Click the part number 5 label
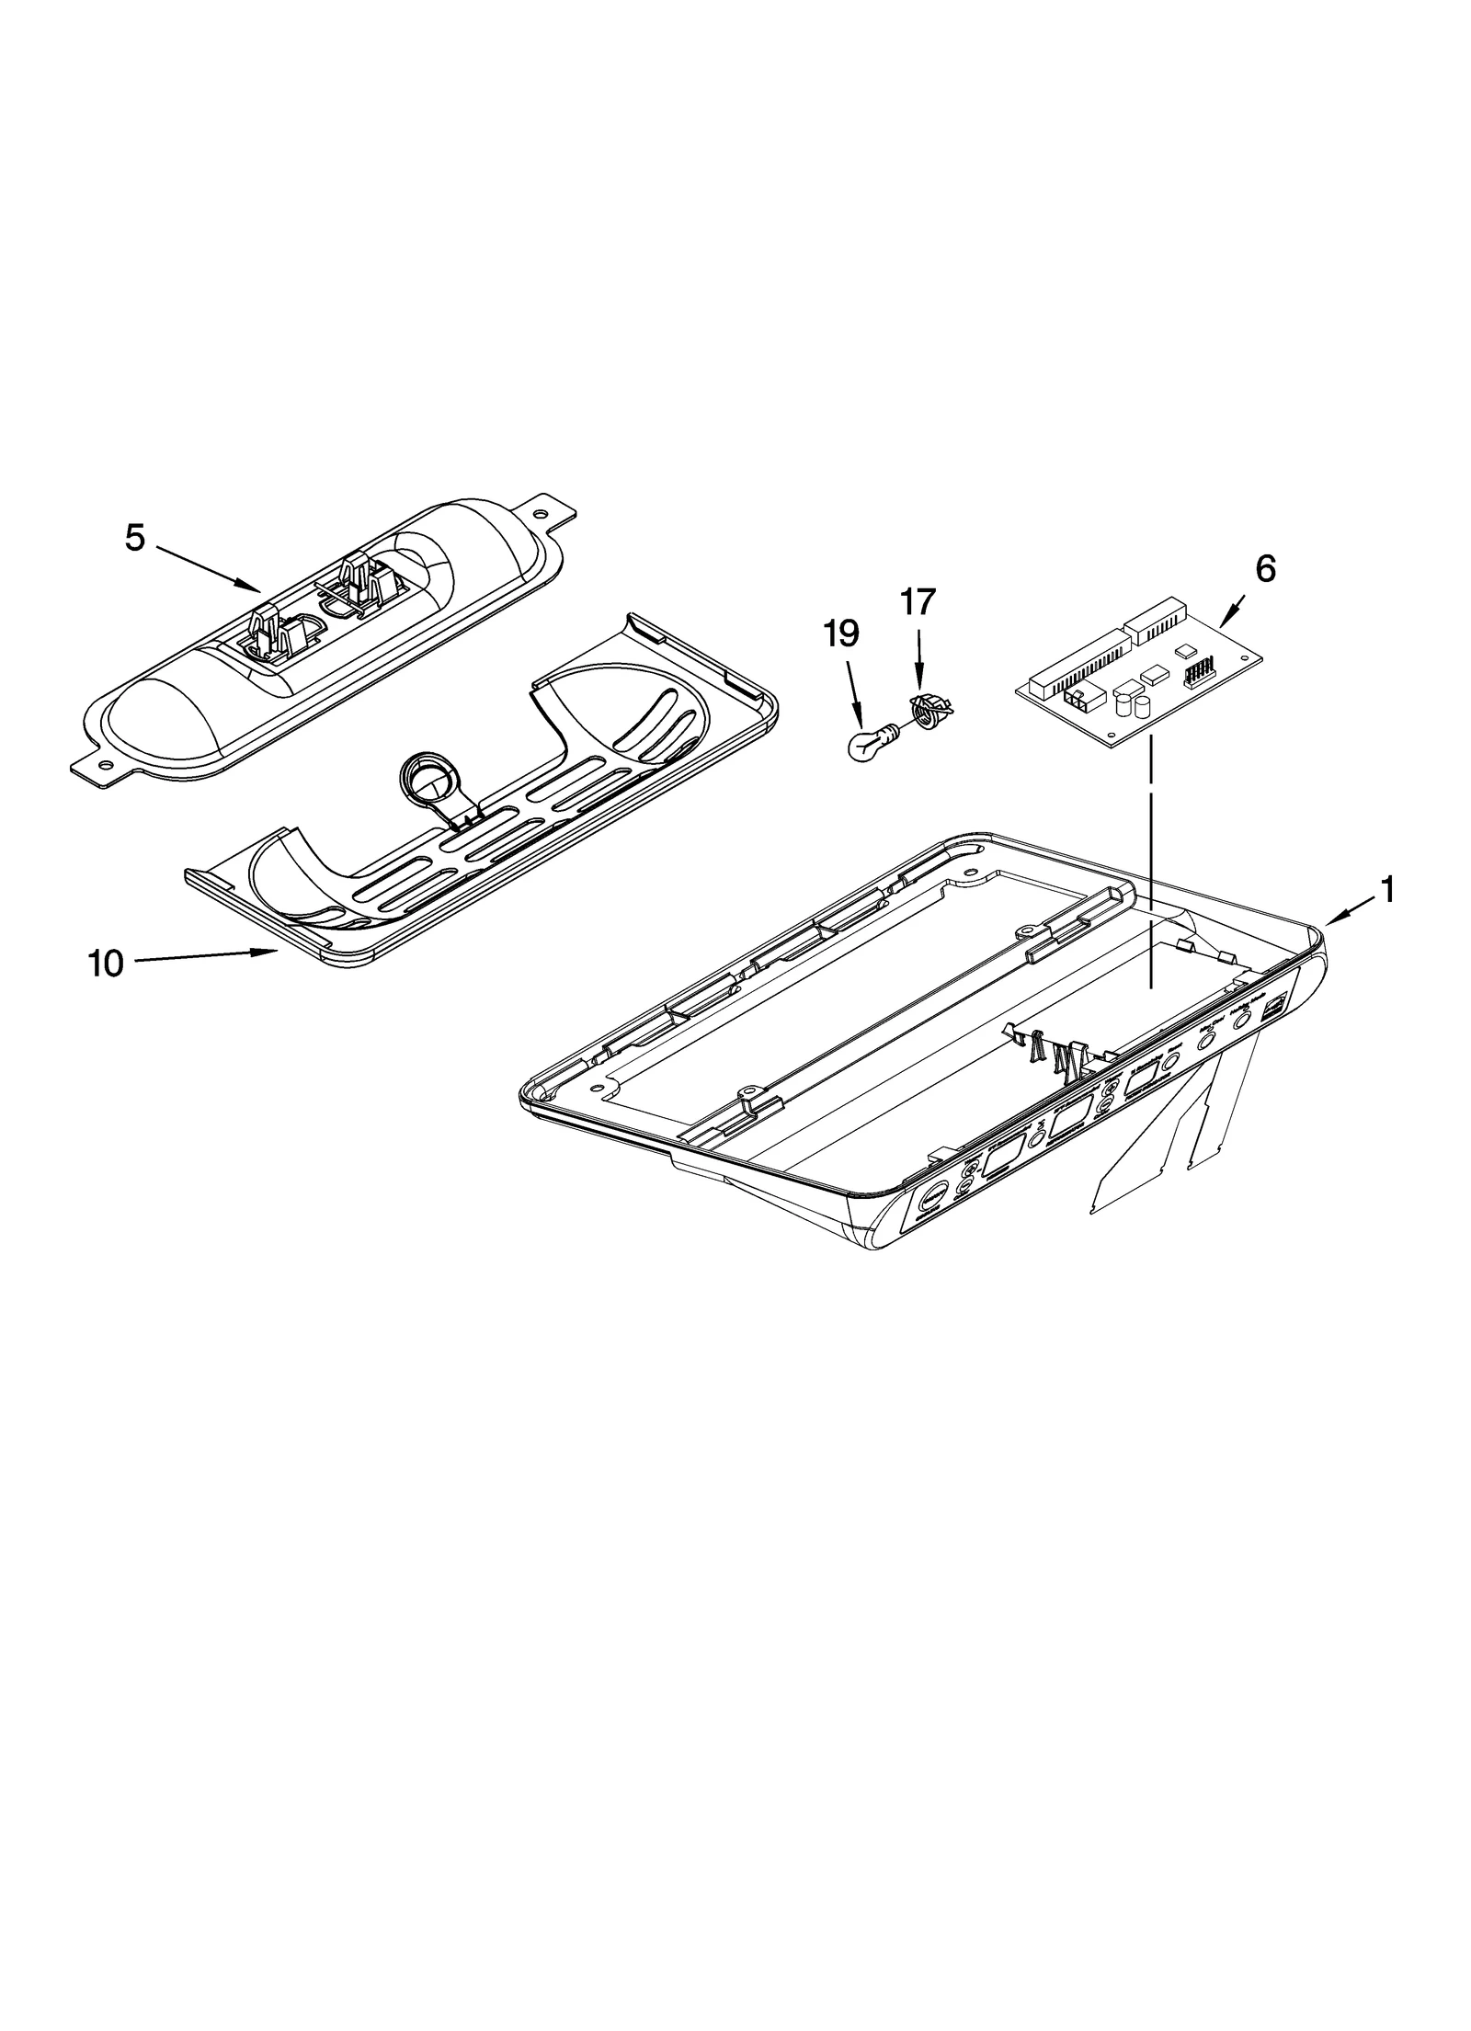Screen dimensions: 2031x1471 click(135, 539)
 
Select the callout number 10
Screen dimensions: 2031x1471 click(106, 964)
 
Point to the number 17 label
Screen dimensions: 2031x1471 click(917, 601)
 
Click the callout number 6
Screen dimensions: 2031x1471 click(1265, 570)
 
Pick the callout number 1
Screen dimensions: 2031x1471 click(1387, 889)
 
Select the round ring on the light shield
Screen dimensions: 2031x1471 click(424, 759)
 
